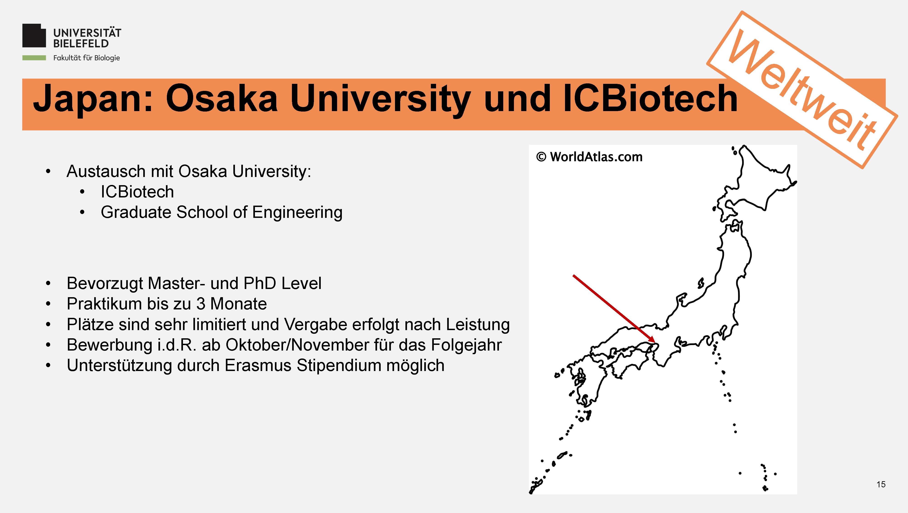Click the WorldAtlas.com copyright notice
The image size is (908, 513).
pos(589,157)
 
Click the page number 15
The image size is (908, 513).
pos(881,484)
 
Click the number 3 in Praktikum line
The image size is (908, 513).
pos(201,304)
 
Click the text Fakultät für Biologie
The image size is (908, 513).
pos(86,58)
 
